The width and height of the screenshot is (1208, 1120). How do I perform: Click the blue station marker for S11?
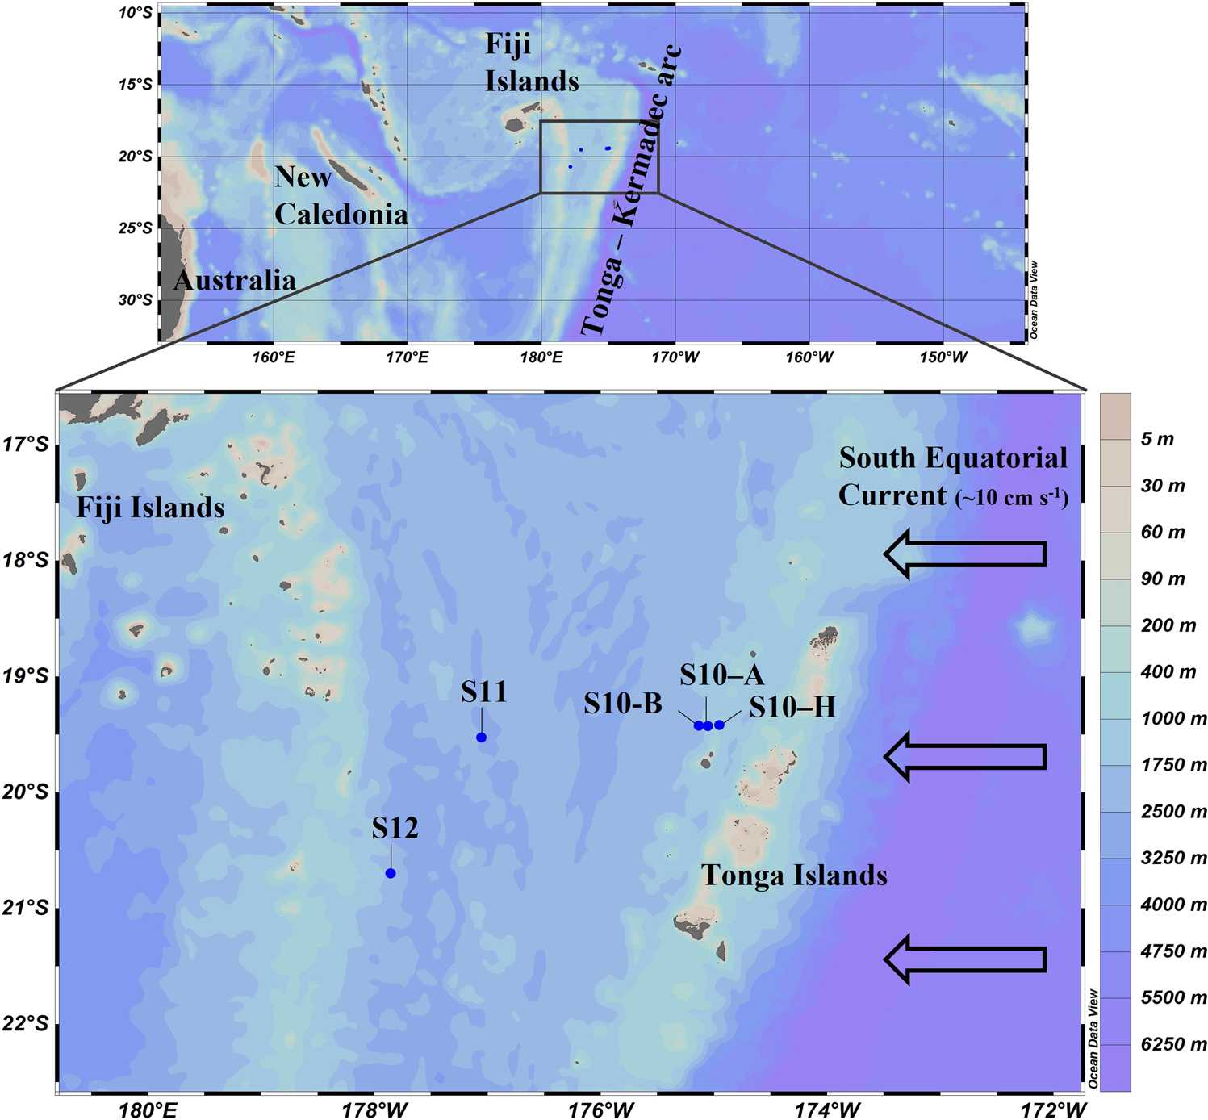482,738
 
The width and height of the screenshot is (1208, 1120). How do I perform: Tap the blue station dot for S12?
391,873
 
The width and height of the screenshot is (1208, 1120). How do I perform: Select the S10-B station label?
623,704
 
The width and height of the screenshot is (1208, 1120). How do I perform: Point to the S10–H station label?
792,708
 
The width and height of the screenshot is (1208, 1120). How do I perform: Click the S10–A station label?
721,675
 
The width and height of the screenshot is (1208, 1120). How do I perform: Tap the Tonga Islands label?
794,876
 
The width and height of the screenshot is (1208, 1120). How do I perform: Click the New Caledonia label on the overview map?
341,196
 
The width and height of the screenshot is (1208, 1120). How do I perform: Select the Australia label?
235,281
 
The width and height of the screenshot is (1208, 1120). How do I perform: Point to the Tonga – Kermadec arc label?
631,191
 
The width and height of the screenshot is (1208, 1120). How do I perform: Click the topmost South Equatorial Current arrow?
966,554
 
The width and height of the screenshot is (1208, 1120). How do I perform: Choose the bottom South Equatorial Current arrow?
966,959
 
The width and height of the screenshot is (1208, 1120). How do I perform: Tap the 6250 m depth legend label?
1173,1045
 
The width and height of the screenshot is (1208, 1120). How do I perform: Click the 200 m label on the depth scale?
1168,626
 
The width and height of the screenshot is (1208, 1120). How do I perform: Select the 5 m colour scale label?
1157,440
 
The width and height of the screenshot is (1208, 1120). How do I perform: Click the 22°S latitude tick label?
27,1024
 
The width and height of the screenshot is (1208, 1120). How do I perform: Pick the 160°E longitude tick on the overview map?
273,357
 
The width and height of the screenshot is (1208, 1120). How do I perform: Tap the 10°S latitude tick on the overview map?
135,14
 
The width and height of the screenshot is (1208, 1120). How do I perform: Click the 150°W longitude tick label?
943,357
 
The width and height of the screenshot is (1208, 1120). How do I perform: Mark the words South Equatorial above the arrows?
953,458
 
